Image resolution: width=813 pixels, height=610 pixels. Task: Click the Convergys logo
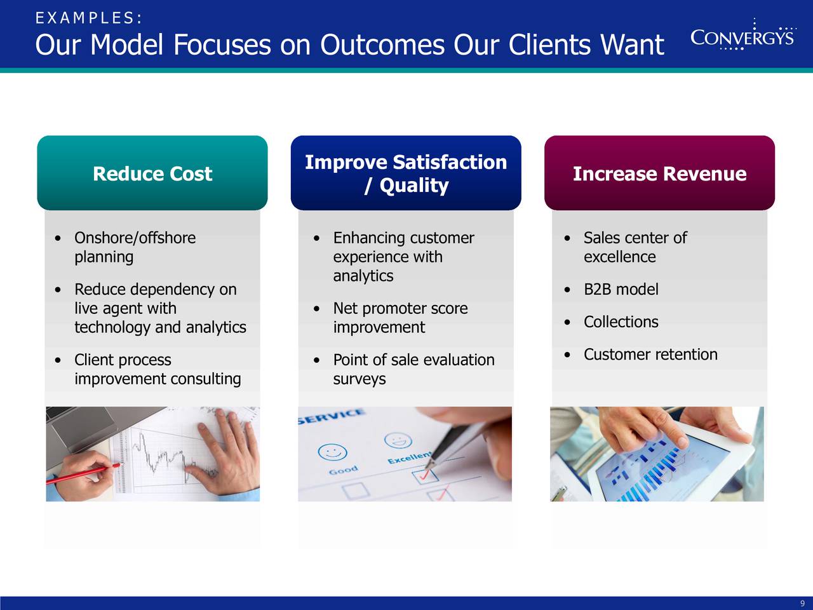click(x=743, y=35)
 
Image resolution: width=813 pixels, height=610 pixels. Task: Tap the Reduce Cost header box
click(x=152, y=173)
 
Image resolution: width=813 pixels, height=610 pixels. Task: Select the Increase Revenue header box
click(x=659, y=173)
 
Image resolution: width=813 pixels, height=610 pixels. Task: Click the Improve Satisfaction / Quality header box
click(x=406, y=173)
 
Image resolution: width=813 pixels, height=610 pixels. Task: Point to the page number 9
click(x=803, y=604)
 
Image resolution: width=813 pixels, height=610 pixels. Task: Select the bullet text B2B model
click(x=621, y=289)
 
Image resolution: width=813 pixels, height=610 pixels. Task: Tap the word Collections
click(x=621, y=322)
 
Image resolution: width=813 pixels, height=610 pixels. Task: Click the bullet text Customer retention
click(x=651, y=355)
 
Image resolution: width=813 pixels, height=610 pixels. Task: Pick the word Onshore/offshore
click(x=135, y=238)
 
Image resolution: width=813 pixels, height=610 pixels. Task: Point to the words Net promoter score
click(x=400, y=309)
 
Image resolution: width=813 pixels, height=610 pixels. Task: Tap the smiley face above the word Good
click(x=333, y=452)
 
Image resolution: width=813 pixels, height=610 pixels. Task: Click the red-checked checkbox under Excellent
click(x=425, y=476)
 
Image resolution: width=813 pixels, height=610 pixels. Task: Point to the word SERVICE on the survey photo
click(x=332, y=416)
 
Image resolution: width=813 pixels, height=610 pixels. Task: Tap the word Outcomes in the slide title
click(x=382, y=45)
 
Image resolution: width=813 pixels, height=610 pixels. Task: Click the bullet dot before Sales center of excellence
click(x=567, y=238)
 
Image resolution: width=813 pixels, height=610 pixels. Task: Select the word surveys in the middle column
click(x=359, y=379)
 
